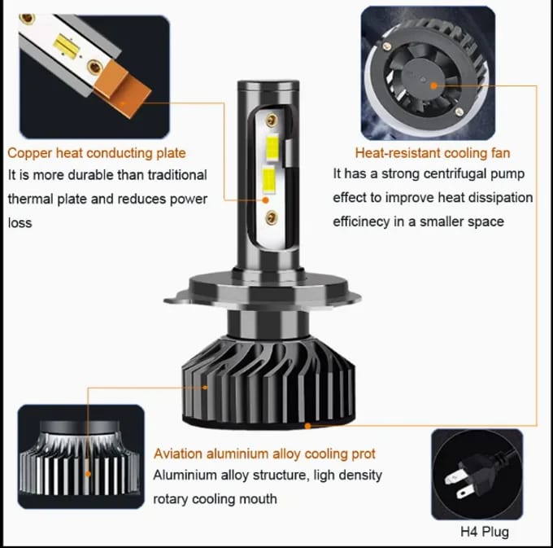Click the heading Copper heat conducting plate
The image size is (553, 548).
click(x=97, y=152)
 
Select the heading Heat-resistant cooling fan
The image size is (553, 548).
click(x=432, y=152)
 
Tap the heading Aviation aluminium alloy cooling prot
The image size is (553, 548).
click(x=264, y=454)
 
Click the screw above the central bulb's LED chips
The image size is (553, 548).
click(x=273, y=119)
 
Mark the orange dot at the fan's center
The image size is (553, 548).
click(x=433, y=84)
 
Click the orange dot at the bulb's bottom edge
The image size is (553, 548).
click(x=307, y=424)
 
